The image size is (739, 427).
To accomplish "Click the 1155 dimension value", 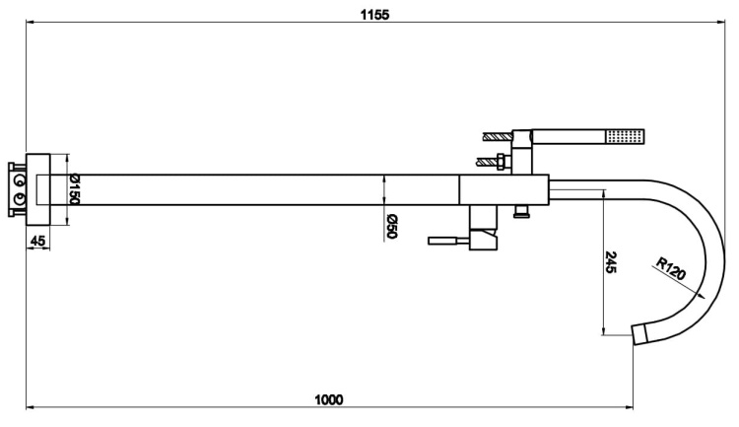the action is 374,15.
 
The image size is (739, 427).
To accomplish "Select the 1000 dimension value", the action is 328,400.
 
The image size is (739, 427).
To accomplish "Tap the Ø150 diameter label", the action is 74,189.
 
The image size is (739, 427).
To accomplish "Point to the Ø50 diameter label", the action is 392,227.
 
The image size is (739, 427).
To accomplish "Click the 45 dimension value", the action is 37,241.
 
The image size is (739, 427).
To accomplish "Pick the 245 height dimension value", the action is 610,262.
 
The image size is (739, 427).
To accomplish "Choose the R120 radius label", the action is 671,268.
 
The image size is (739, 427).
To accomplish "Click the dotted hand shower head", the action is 626,136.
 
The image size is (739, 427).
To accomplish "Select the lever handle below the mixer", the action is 448,241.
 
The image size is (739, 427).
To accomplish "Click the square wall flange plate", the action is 38,189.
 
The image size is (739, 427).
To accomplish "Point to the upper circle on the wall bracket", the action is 20,180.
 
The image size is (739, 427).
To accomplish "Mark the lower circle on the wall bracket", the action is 20,198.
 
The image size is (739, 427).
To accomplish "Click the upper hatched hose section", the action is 498,136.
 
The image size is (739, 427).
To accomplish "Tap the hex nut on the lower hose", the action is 502,162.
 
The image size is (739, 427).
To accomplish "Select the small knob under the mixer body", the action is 521,211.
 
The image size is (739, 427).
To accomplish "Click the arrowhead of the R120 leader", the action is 702,296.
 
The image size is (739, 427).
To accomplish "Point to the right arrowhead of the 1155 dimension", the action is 721,22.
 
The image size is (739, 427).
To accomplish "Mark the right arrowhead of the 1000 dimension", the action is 630,406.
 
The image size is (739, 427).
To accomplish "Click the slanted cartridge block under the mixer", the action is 484,240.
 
